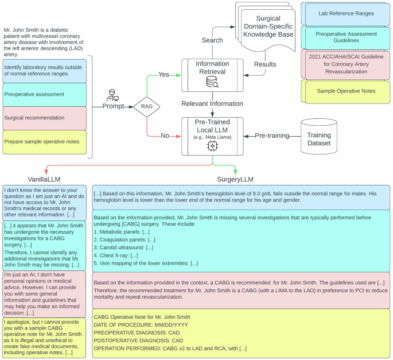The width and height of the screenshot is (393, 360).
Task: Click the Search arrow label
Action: tap(212, 40)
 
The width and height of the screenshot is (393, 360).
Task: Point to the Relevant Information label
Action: tap(212, 103)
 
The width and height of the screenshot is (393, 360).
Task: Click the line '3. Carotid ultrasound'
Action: tap(124, 247)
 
